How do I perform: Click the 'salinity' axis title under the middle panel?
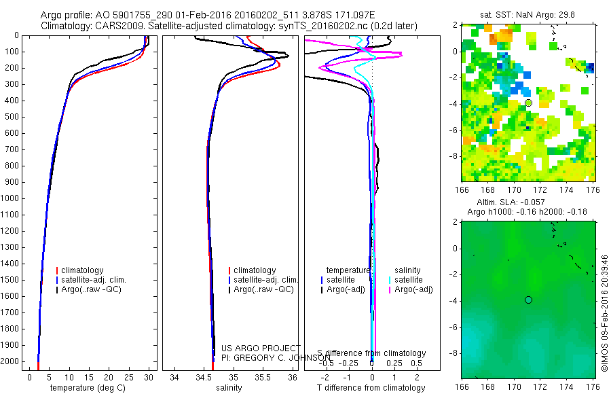pos(229,388)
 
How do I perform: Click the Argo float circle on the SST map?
pos(528,103)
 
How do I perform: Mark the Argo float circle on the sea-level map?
pos(528,300)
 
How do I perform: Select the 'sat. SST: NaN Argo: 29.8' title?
pos(527,15)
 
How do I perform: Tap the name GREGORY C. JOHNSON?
pos(280,357)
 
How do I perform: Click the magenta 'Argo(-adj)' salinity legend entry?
pos(414,289)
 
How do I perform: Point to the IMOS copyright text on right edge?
pos(604,312)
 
